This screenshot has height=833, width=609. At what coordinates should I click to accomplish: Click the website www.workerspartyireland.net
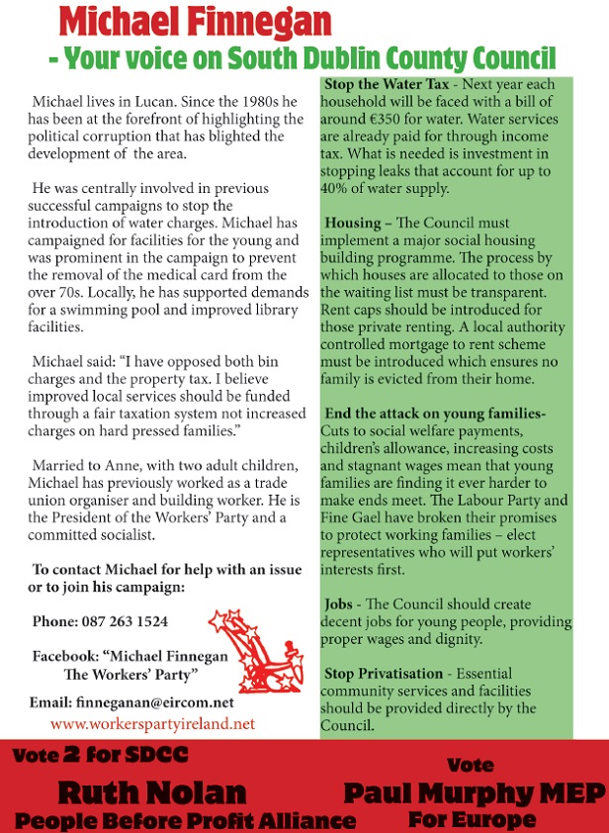(x=152, y=723)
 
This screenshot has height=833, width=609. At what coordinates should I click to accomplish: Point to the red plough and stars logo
(x=252, y=650)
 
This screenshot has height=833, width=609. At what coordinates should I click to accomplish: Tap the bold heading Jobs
(x=340, y=603)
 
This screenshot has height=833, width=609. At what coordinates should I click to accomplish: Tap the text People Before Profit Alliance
(x=185, y=820)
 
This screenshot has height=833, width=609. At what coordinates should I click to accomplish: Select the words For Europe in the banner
(x=476, y=819)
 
